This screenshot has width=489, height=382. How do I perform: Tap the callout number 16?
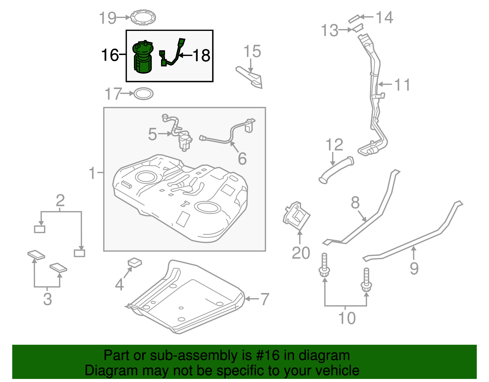(x=110, y=55)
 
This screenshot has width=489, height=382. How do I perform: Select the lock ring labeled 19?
(x=143, y=17)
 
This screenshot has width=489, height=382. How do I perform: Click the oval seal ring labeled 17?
(x=143, y=94)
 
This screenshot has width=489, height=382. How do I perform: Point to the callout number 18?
(x=201, y=56)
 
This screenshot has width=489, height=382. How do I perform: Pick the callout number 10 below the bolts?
(x=347, y=318)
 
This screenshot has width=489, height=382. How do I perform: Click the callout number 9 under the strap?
(x=414, y=268)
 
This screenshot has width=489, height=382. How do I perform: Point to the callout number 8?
(x=355, y=202)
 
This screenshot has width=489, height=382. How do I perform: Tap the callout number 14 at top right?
(x=384, y=17)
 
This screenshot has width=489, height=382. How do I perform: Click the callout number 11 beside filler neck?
(x=402, y=85)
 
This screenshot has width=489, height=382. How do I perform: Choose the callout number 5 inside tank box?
(x=153, y=134)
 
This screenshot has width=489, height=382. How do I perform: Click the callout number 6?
(x=242, y=158)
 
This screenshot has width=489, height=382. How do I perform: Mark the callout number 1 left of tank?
(x=92, y=173)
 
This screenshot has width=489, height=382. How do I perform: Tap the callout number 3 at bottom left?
(x=47, y=299)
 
